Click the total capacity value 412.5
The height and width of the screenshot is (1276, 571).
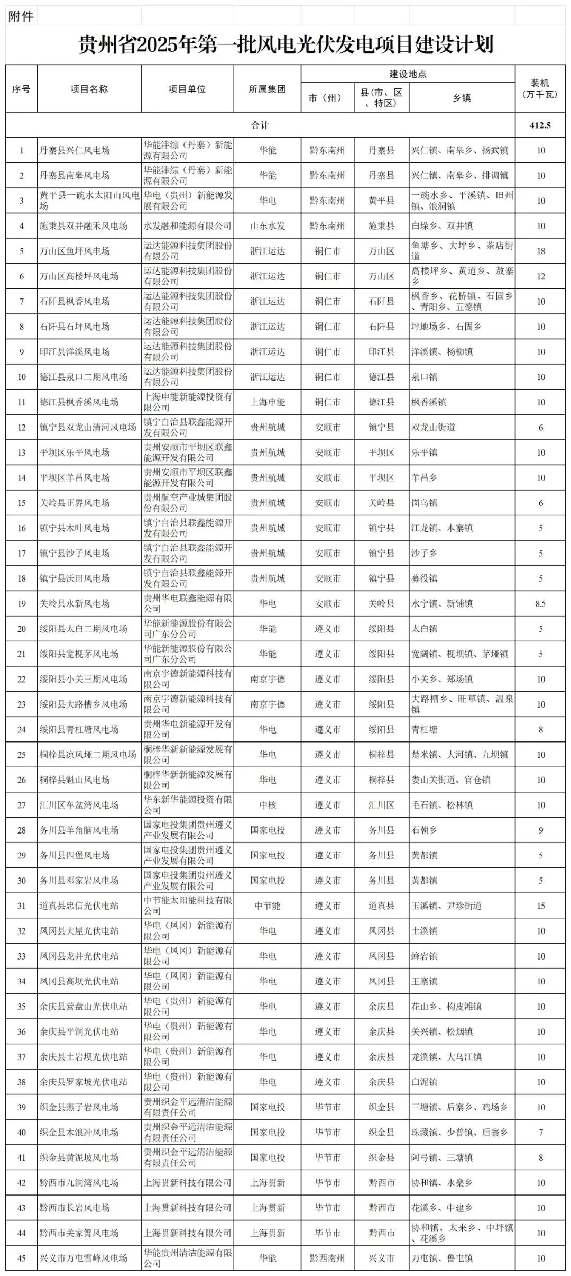click(540, 125)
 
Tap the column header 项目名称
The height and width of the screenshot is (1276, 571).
click(89, 89)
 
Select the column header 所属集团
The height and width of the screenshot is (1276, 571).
click(267, 89)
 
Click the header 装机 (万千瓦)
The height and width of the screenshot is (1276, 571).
click(540, 89)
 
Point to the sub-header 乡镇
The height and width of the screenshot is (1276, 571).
click(462, 98)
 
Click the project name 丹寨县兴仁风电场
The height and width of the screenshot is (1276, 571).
click(75, 150)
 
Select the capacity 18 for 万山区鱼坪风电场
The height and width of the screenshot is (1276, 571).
click(540, 251)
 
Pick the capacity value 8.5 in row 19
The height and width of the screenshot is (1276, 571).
click(540, 603)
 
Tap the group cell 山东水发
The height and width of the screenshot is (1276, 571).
click(267, 226)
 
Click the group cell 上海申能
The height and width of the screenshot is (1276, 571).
click(267, 402)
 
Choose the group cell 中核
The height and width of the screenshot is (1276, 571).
click(267, 805)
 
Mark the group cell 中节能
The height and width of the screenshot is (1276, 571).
click(267, 906)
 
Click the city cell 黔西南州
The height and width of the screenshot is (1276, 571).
click(327, 1258)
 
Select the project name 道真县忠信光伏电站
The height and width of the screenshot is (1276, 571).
click(79, 906)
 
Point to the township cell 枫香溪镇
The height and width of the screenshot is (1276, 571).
click(429, 402)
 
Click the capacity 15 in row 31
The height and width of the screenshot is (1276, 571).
click(540, 906)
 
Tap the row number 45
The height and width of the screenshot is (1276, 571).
click(22, 1258)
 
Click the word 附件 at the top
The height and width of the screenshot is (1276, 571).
click(21, 16)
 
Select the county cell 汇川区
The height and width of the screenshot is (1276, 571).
click(381, 805)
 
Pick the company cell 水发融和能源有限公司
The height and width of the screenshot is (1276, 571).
click(187, 226)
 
